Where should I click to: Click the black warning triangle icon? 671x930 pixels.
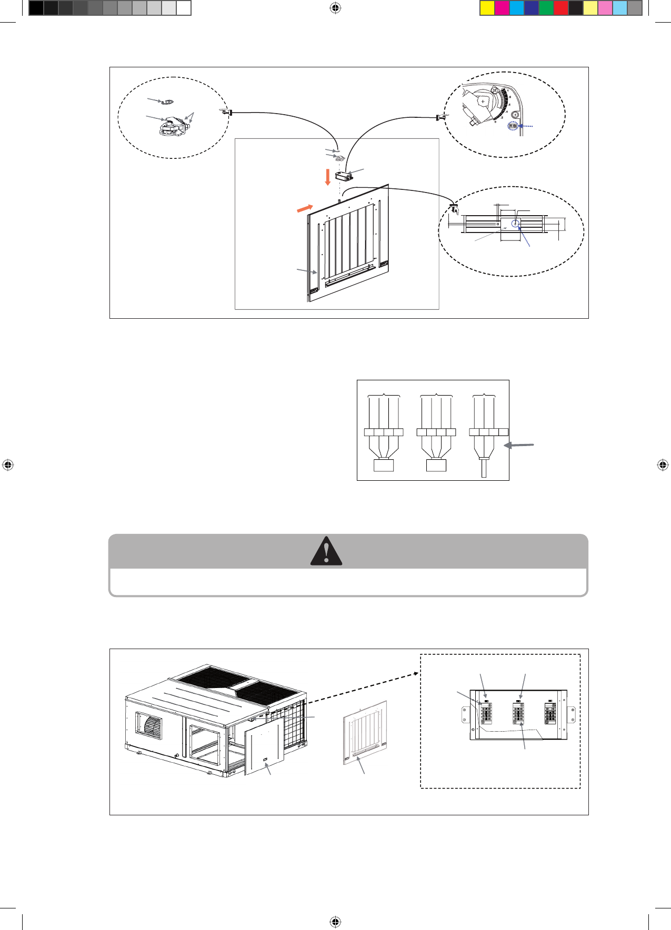click(326, 551)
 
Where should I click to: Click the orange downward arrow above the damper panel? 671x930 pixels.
click(327, 177)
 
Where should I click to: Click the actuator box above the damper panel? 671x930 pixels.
click(344, 175)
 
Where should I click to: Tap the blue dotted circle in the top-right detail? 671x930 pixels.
click(513, 126)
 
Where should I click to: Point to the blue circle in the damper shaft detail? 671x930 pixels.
click(515, 224)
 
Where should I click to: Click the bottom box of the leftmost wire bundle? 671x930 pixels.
click(384, 465)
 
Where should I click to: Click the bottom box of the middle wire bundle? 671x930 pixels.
click(436, 465)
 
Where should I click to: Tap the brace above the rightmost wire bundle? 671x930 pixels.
click(484, 395)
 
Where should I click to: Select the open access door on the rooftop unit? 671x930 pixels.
click(264, 747)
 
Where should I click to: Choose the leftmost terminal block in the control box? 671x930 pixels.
click(486, 714)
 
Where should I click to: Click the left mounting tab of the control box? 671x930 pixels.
click(465, 714)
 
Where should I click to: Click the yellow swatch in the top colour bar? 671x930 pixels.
click(487, 8)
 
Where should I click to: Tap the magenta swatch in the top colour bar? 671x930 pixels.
click(502, 8)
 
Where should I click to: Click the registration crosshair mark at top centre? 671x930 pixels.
click(335, 8)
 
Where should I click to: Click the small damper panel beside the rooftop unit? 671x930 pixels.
click(365, 732)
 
